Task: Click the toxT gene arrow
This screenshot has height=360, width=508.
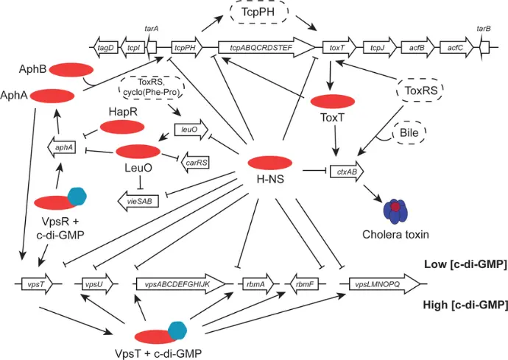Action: pyautogui.click(x=339, y=48)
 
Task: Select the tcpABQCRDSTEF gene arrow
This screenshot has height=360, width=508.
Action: pyautogui.click(x=267, y=48)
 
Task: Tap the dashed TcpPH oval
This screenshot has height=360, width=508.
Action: pyautogui.click(x=259, y=13)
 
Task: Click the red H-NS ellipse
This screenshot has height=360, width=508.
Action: pyautogui.click(x=270, y=163)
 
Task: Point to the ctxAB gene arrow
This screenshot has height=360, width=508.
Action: pyautogui.click(x=347, y=172)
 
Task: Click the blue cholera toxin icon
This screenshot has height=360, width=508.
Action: pyautogui.click(x=395, y=211)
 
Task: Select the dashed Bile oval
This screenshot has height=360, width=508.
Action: pyautogui.click(x=409, y=133)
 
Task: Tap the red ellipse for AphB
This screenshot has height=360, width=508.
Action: pyautogui.click(x=71, y=70)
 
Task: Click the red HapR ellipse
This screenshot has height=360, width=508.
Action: pyautogui.click(x=122, y=127)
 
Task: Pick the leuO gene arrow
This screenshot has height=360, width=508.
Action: pyautogui.click(x=191, y=130)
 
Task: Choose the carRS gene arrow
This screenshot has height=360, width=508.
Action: pyautogui.click(x=194, y=163)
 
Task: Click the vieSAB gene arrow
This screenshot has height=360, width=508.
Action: pyautogui.click(x=138, y=201)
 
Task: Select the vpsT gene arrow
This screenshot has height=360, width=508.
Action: pyautogui.click(x=37, y=284)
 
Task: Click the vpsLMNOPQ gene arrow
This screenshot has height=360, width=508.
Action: pyautogui.click(x=384, y=284)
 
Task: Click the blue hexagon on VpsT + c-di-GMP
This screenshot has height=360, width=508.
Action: pyautogui.click(x=177, y=331)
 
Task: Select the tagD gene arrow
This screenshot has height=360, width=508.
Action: pyautogui.click(x=106, y=48)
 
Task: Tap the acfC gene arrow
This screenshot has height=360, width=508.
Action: pyautogui.click(x=456, y=48)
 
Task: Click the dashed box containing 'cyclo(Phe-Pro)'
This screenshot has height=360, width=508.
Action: pyautogui.click(x=152, y=87)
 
